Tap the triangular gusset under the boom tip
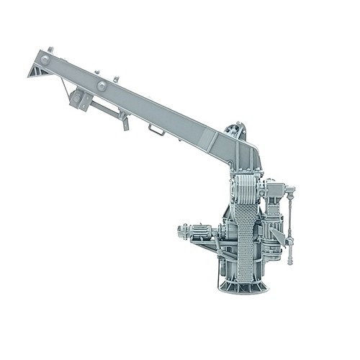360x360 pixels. coord(37,71)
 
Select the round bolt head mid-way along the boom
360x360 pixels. coord(102,86)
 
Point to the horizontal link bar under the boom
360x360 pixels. coord(104,109)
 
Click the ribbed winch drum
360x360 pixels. coord(245,190)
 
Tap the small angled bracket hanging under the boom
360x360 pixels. coord(125,122)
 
